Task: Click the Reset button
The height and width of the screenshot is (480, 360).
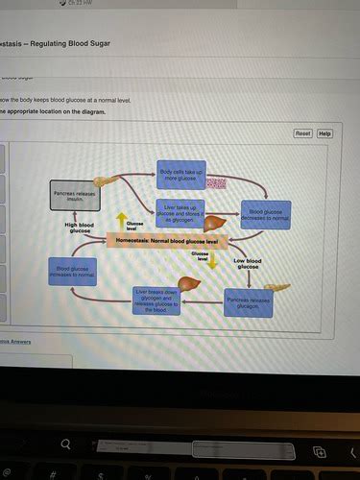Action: point(302,133)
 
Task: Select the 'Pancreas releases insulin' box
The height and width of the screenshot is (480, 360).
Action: point(74,197)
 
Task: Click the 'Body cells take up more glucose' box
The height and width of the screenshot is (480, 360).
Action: point(180,174)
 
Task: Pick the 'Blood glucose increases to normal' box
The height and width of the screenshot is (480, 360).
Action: point(73,273)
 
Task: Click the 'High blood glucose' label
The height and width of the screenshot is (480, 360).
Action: point(80,228)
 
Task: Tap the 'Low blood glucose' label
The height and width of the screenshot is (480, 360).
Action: point(247,262)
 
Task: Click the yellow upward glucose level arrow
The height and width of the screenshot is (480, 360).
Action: point(121,220)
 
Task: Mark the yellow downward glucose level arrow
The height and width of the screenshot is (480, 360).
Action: point(214,261)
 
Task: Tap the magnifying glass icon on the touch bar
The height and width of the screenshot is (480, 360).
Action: point(66,444)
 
